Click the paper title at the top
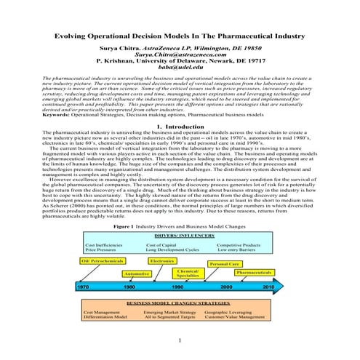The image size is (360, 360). pos(180,34)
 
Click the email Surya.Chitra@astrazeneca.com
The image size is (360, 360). pos(180,53)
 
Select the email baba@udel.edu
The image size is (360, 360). pos(180,67)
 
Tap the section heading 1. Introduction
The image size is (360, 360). pos(180,127)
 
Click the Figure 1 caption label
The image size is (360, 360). pos(101,227)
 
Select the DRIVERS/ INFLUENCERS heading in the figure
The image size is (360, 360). pos(180,236)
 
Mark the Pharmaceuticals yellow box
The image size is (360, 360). pos(255,272)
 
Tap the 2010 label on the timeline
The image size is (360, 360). pos(268,287)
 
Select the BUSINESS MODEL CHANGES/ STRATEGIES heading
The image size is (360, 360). pos(180,302)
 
